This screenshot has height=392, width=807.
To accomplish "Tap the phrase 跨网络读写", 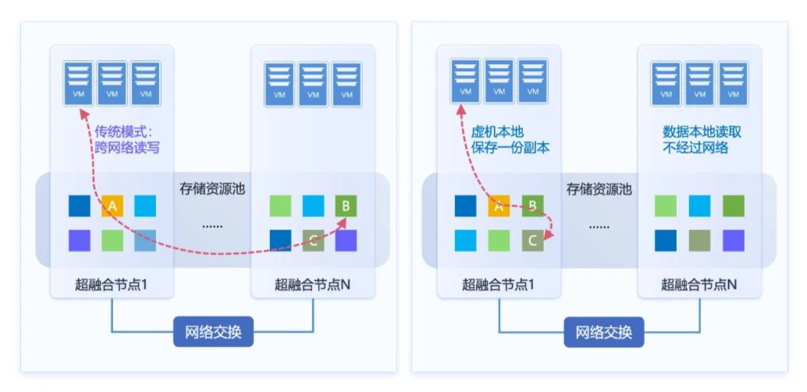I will pyautogui.click(x=126, y=147).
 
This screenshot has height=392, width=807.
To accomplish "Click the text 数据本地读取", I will pyautogui.click(x=702, y=132).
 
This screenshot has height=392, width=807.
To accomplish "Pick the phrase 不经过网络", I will pyautogui.click(x=695, y=147).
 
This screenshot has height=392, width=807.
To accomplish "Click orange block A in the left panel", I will pyautogui.click(x=112, y=206).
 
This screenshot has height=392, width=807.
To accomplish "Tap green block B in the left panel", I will pyautogui.click(x=346, y=206).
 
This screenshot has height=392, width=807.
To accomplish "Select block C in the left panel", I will pyautogui.click(x=313, y=240).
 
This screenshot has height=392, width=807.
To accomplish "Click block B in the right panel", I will pyautogui.click(x=532, y=206).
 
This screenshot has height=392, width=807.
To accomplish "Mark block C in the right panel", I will pyautogui.click(x=532, y=240).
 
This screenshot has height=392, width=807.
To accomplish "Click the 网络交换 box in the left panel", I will pyautogui.click(x=213, y=333).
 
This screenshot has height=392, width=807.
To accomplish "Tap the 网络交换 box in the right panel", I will pyautogui.click(x=604, y=333).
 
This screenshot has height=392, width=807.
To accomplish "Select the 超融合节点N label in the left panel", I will pyautogui.click(x=312, y=284).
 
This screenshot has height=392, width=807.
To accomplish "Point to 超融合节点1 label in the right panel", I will pyautogui.click(x=499, y=284).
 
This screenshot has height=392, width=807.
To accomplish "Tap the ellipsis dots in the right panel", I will pyautogui.click(x=599, y=226).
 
